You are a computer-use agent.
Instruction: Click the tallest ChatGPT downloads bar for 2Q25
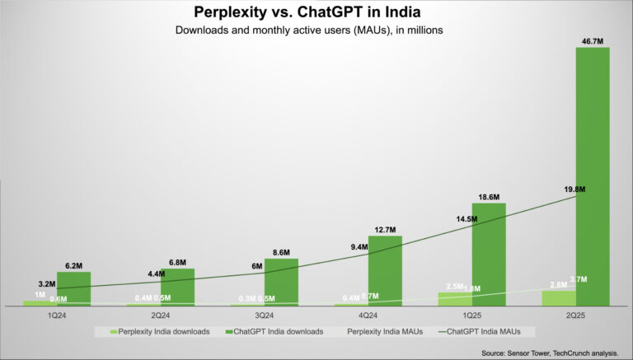pyautogui.click(x=593, y=175)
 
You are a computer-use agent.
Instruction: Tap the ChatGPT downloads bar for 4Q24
pyautogui.click(x=385, y=270)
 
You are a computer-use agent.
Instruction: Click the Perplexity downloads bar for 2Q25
pyautogui.click(x=558, y=297)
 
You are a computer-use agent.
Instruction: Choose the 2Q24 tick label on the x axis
pyautogui.click(x=160, y=316)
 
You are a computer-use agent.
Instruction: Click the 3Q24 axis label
pyautogui.click(x=264, y=316)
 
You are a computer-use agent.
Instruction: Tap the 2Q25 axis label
pyautogui.click(x=574, y=316)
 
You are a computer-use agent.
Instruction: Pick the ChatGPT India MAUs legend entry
pyautogui.click(x=486, y=331)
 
